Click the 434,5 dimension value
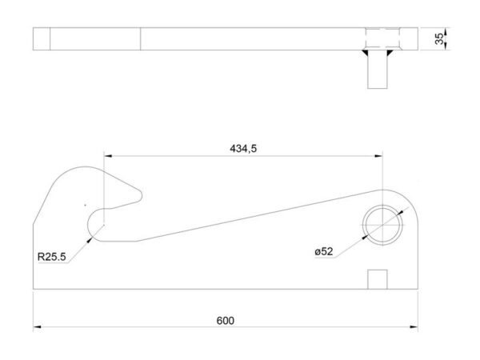(x=243, y=149)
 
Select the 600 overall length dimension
(x=226, y=321)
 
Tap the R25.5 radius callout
(x=51, y=257)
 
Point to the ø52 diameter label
(x=323, y=252)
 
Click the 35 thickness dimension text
(x=439, y=39)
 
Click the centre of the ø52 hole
(x=382, y=225)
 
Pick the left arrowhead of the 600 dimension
(x=37, y=327)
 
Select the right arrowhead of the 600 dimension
(x=414, y=327)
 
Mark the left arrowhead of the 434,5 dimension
(x=108, y=156)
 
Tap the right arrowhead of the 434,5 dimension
(x=378, y=156)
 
